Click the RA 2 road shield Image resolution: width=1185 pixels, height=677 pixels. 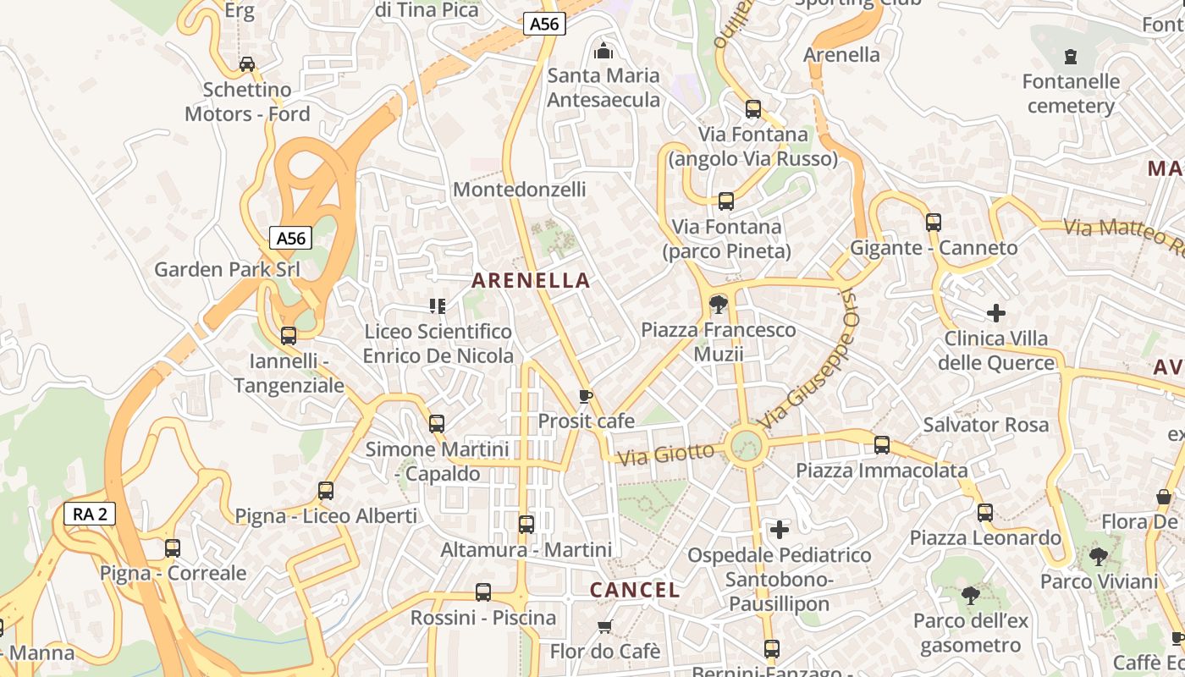(x=89, y=514)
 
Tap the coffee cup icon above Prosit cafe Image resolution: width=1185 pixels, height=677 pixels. (x=585, y=396)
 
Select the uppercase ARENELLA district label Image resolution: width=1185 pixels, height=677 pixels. (x=531, y=280)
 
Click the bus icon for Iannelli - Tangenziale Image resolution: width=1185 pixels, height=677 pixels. (x=289, y=336)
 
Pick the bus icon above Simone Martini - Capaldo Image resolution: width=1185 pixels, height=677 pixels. (x=437, y=423)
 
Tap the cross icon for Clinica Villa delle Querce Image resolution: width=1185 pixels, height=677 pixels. (x=996, y=313)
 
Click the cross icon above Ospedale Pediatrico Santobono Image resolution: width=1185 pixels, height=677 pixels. (x=780, y=530)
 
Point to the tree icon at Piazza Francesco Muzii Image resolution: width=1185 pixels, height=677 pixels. (x=718, y=304)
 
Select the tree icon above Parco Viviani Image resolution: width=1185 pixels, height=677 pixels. (x=1099, y=556)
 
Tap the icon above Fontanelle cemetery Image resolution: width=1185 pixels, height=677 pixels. (x=1071, y=57)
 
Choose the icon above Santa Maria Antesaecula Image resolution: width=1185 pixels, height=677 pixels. (x=603, y=51)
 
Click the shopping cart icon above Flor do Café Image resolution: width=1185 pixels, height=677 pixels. (x=604, y=626)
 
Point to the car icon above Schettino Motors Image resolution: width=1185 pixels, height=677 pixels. (x=247, y=64)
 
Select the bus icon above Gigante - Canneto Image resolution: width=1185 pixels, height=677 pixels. (x=934, y=223)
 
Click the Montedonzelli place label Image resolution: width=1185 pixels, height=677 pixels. (x=519, y=189)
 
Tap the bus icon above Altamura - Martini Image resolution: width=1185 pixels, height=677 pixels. (x=526, y=525)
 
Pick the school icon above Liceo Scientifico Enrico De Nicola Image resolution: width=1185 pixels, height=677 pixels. (x=438, y=305)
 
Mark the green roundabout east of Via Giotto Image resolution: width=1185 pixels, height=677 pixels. (x=747, y=444)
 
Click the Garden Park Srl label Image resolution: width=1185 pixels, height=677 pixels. (x=227, y=269)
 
